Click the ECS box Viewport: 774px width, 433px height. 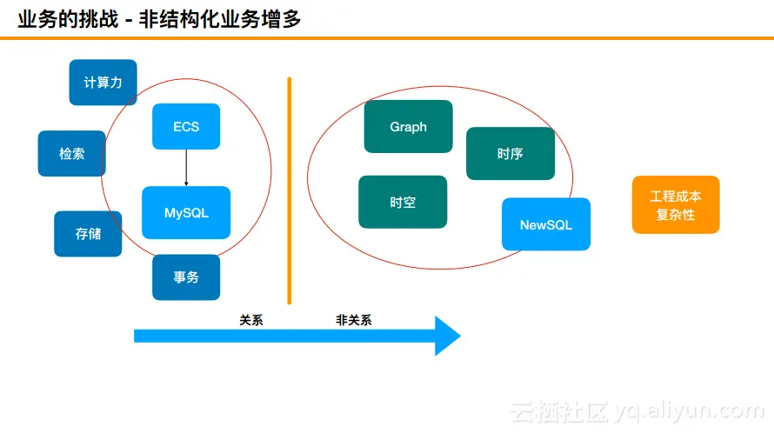pyautogui.click(x=186, y=127)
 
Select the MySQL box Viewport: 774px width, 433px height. pyautogui.click(x=186, y=212)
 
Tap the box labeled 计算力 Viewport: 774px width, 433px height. pyautogui.click(x=103, y=83)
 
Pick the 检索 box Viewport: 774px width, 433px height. pyautogui.click(x=72, y=154)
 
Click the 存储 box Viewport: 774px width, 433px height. pyautogui.click(x=88, y=234)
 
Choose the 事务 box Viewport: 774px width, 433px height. pyautogui.click(x=186, y=277)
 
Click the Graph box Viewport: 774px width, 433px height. pyautogui.click(x=408, y=127)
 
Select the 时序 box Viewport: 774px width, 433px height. pyautogui.click(x=510, y=154)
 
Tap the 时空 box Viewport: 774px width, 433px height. pyautogui.click(x=403, y=203)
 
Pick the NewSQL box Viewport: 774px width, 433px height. pyautogui.click(x=546, y=224)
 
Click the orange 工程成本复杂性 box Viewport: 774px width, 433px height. pyautogui.click(x=676, y=205)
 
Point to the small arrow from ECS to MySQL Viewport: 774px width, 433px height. pyautogui.click(x=186, y=168)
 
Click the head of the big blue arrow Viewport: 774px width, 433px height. pyautogui.click(x=447, y=336)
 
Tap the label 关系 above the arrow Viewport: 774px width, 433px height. pyautogui.click(x=251, y=320)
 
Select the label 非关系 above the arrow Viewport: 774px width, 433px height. pyautogui.click(x=354, y=320)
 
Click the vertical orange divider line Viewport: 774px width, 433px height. pyautogui.click(x=290, y=191)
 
